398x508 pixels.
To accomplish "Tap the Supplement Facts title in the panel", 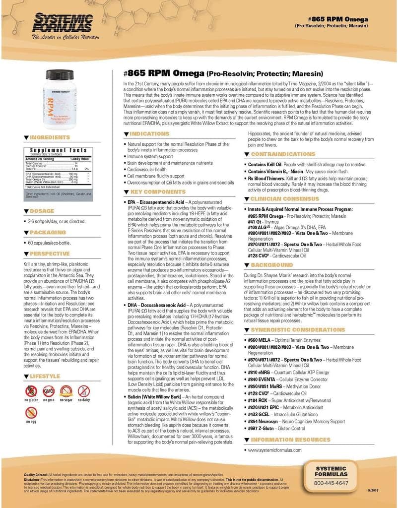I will tap(59, 150).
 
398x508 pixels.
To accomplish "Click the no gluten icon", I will tap(31, 392).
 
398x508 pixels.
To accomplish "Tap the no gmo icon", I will tap(48, 392).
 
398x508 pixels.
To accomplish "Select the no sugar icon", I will tap(66, 392).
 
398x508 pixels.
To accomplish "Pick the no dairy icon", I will tap(84, 392).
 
